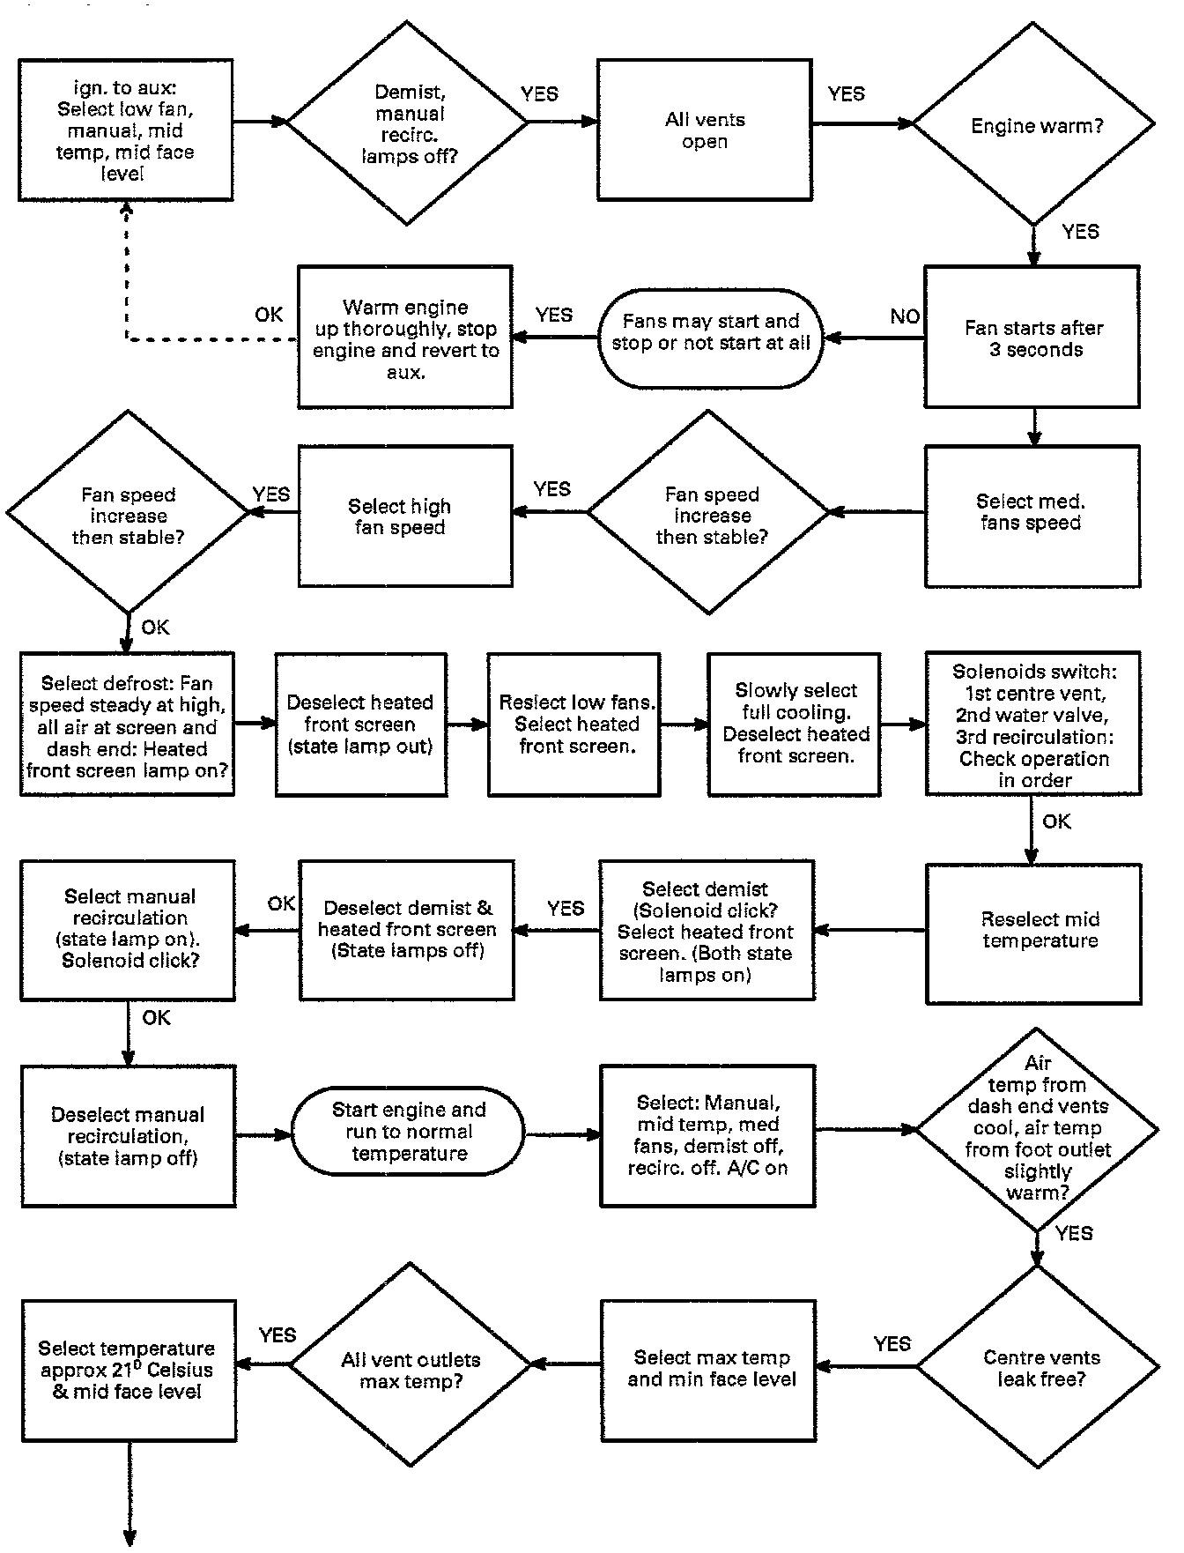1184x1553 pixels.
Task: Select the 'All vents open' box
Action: pos(704,130)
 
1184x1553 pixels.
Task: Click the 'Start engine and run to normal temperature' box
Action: pos(408,1132)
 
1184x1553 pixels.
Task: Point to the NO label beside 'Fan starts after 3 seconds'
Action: pos(905,316)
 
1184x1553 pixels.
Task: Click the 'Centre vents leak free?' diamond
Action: pos(1038,1368)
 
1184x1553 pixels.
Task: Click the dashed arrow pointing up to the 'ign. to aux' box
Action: pos(127,273)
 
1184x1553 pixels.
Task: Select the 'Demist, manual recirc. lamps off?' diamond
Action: pos(408,123)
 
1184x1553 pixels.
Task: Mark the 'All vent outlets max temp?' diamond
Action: pos(411,1368)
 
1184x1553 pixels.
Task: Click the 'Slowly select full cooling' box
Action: pos(794,724)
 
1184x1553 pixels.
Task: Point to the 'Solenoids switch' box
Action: pos(1032,724)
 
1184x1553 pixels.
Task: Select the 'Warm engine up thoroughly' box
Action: pos(404,338)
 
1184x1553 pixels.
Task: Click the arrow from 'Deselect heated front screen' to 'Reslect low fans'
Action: pos(467,724)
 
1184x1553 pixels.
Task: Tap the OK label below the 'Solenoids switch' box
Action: pos(1056,821)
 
